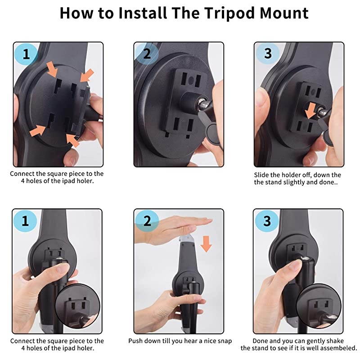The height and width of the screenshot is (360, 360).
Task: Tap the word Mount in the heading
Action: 284,13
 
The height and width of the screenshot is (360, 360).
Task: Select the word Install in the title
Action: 143,13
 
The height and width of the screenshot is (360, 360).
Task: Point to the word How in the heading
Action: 76,13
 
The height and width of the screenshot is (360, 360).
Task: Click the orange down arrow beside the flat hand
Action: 206,244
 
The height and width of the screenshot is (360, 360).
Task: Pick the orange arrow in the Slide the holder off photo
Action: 310,111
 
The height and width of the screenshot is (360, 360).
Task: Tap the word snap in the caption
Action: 224,341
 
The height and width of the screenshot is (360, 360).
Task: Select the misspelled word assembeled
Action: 338,348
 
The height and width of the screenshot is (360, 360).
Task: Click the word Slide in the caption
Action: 261,175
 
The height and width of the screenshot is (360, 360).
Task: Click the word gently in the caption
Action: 313,342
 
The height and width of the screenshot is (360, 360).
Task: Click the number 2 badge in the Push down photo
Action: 147,221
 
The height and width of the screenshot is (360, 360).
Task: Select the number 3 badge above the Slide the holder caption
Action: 267,54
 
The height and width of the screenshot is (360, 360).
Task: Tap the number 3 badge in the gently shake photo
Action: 267,221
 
